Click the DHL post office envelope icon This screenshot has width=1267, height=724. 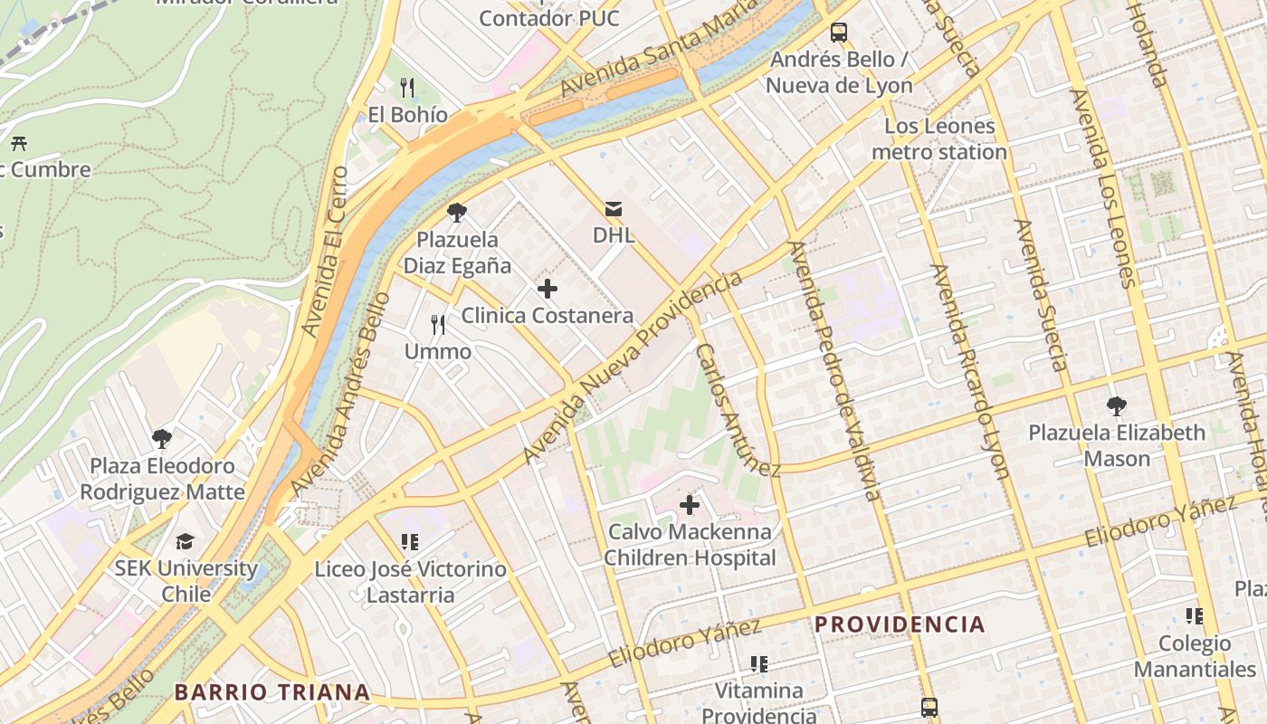614,209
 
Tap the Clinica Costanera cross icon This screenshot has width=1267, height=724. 548,290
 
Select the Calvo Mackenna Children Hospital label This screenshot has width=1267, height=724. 690,545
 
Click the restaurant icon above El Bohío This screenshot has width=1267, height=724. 407,88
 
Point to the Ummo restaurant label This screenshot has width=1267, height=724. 438,351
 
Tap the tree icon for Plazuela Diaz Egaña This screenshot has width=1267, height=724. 457,213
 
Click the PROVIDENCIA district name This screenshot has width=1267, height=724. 900,624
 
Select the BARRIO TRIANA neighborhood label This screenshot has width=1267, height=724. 272,693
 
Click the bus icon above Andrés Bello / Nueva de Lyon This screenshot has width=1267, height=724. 839,33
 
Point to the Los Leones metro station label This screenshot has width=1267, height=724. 939,139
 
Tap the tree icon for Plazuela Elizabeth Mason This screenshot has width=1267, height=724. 1117,405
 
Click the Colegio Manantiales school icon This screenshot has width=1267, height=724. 1195,616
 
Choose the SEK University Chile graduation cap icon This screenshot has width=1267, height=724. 186,541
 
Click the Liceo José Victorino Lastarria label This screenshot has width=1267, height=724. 410,582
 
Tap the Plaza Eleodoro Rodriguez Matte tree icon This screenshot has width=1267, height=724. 162,439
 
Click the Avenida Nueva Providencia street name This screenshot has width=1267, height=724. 633,366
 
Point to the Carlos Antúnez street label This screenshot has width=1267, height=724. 737,410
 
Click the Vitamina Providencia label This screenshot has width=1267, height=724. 758,703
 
